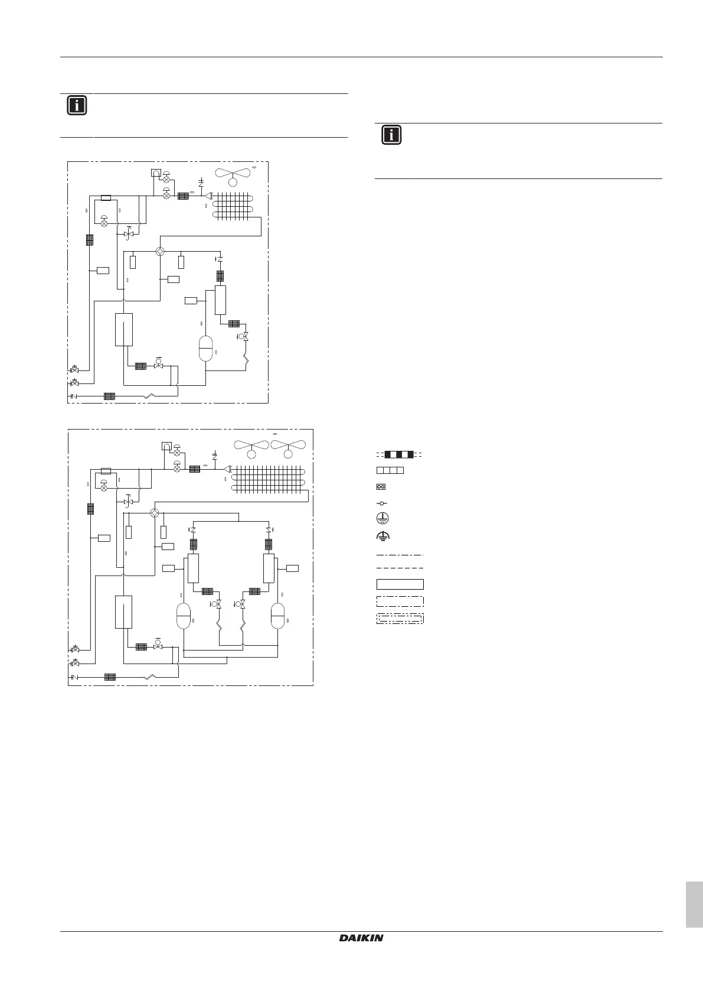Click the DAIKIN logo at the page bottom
(x=361, y=938)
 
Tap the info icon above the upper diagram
(x=77, y=106)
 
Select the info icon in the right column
(x=391, y=135)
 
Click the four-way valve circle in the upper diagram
(x=160, y=251)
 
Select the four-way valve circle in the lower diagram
(x=155, y=512)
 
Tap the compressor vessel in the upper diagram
(x=205, y=349)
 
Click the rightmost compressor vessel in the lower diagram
(x=277, y=616)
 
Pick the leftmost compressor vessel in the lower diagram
(x=184, y=616)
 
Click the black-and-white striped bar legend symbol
(x=399, y=454)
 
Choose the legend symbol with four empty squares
(x=390, y=470)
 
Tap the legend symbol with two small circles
(x=381, y=487)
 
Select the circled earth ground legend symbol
(x=382, y=518)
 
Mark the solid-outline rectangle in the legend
(x=400, y=584)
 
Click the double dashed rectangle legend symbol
(x=400, y=619)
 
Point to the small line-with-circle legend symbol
(x=381, y=503)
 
